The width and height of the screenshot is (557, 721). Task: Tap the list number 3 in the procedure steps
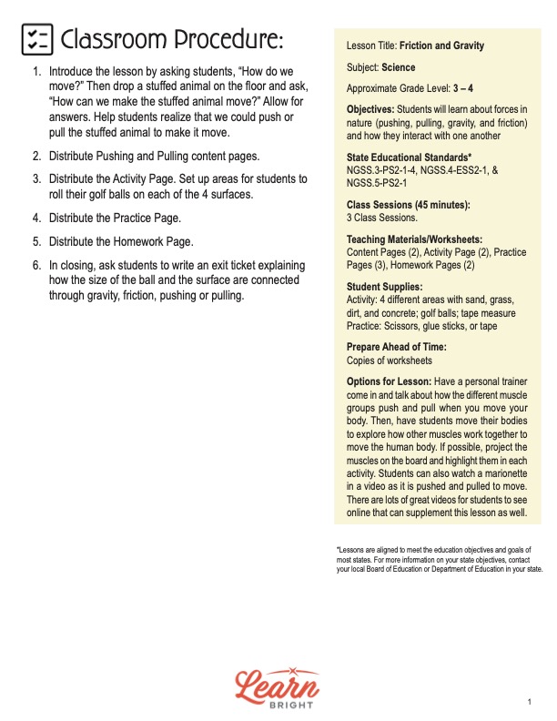36,178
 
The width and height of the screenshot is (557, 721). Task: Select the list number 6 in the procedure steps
36,265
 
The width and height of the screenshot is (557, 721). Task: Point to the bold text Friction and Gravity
446,46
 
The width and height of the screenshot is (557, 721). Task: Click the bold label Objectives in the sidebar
376,109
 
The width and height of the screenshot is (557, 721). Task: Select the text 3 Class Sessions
381,218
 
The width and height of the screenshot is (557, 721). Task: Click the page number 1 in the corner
530,702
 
